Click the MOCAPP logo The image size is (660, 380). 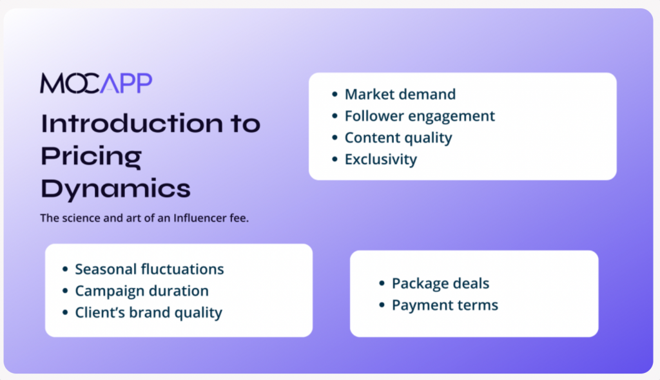pos(96,83)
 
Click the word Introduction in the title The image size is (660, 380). pos(131,123)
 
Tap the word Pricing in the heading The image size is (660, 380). pos(92,157)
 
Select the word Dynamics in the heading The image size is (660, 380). pos(116,189)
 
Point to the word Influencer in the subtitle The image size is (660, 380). pos(200,218)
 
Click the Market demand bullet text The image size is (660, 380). pos(400,94)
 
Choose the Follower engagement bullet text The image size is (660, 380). pos(420,116)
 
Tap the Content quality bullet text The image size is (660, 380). pos(398,138)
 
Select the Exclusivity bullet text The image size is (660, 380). pos(381,160)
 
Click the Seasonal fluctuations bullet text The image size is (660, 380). pos(150,269)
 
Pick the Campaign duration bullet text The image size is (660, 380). pos(142,291)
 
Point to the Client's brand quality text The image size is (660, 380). pos(149,312)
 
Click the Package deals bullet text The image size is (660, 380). pos(440,283)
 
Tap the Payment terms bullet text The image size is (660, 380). pos(445,305)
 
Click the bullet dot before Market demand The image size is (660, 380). pos(335,94)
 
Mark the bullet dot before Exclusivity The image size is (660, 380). pos(335,159)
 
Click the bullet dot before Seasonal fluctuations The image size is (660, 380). pos(65,269)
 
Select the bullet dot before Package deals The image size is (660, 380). pos(382,283)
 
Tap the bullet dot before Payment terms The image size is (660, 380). pos(382,305)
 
